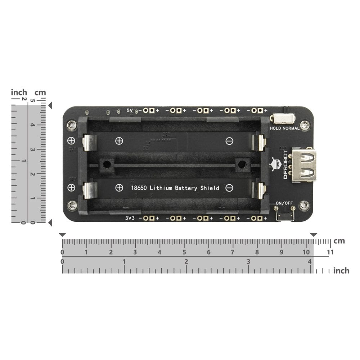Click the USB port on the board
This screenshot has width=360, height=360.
click(303, 165)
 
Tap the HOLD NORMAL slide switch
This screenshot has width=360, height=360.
click(283, 119)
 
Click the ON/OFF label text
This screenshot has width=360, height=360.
click(284, 203)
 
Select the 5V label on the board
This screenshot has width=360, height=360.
click(130, 111)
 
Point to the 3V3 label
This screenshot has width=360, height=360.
click(130, 218)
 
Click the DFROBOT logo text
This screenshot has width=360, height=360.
click(285, 165)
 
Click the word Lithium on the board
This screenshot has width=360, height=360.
click(161, 188)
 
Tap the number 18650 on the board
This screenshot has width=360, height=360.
click(139, 188)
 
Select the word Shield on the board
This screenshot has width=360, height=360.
click(210, 188)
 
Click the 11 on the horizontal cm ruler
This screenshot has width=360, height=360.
click(330, 252)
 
